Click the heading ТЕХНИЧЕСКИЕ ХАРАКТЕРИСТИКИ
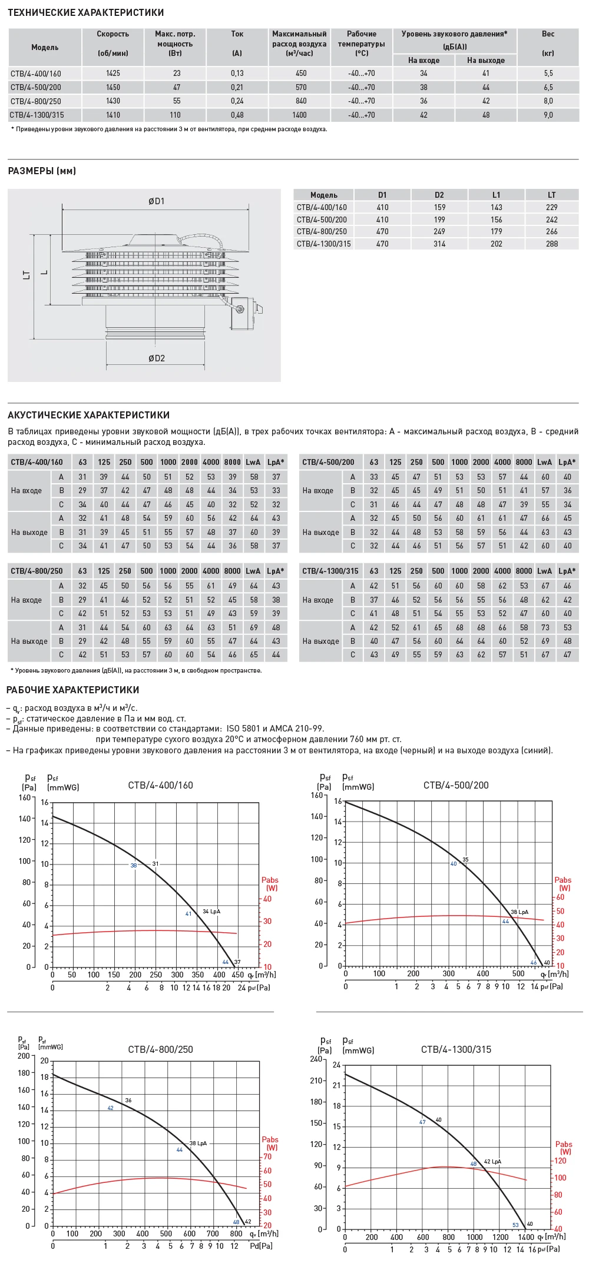click(x=86, y=12)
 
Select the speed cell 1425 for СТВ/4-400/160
click(x=113, y=74)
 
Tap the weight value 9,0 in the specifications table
click(x=548, y=115)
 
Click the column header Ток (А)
click(x=237, y=43)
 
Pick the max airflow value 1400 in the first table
click(x=299, y=115)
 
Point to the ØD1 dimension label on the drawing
click(x=156, y=201)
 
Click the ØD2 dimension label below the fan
click(x=156, y=358)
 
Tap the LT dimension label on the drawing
click(x=27, y=274)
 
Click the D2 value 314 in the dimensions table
click(x=439, y=244)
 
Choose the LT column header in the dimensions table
click(x=551, y=195)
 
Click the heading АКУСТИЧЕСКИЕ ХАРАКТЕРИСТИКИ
click(x=88, y=415)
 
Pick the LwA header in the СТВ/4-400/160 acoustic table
click(x=253, y=462)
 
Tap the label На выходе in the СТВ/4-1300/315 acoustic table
click(x=320, y=641)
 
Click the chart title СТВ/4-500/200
click(x=456, y=785)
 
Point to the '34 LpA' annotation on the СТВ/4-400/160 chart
click(x=211, y=912)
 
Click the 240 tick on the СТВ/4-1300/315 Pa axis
click(x=317, y=1059)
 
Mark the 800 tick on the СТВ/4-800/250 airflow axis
click(x=236, y=1234)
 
